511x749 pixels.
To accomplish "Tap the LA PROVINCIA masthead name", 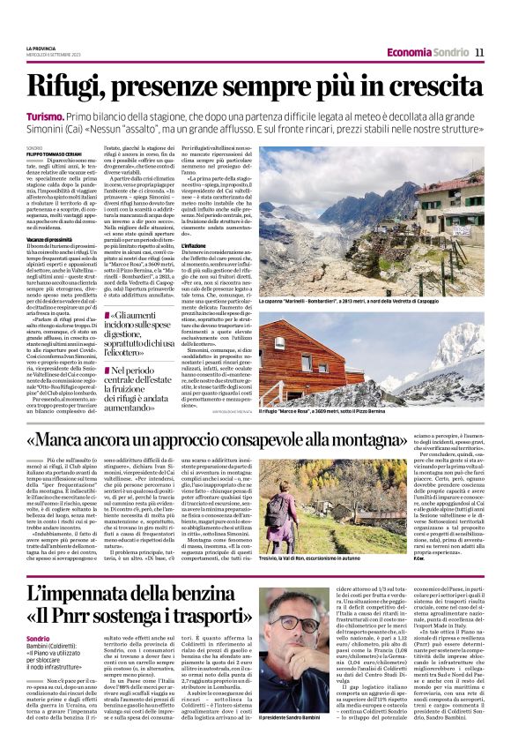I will pos(41,47).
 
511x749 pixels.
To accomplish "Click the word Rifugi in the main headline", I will pos(69,86).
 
